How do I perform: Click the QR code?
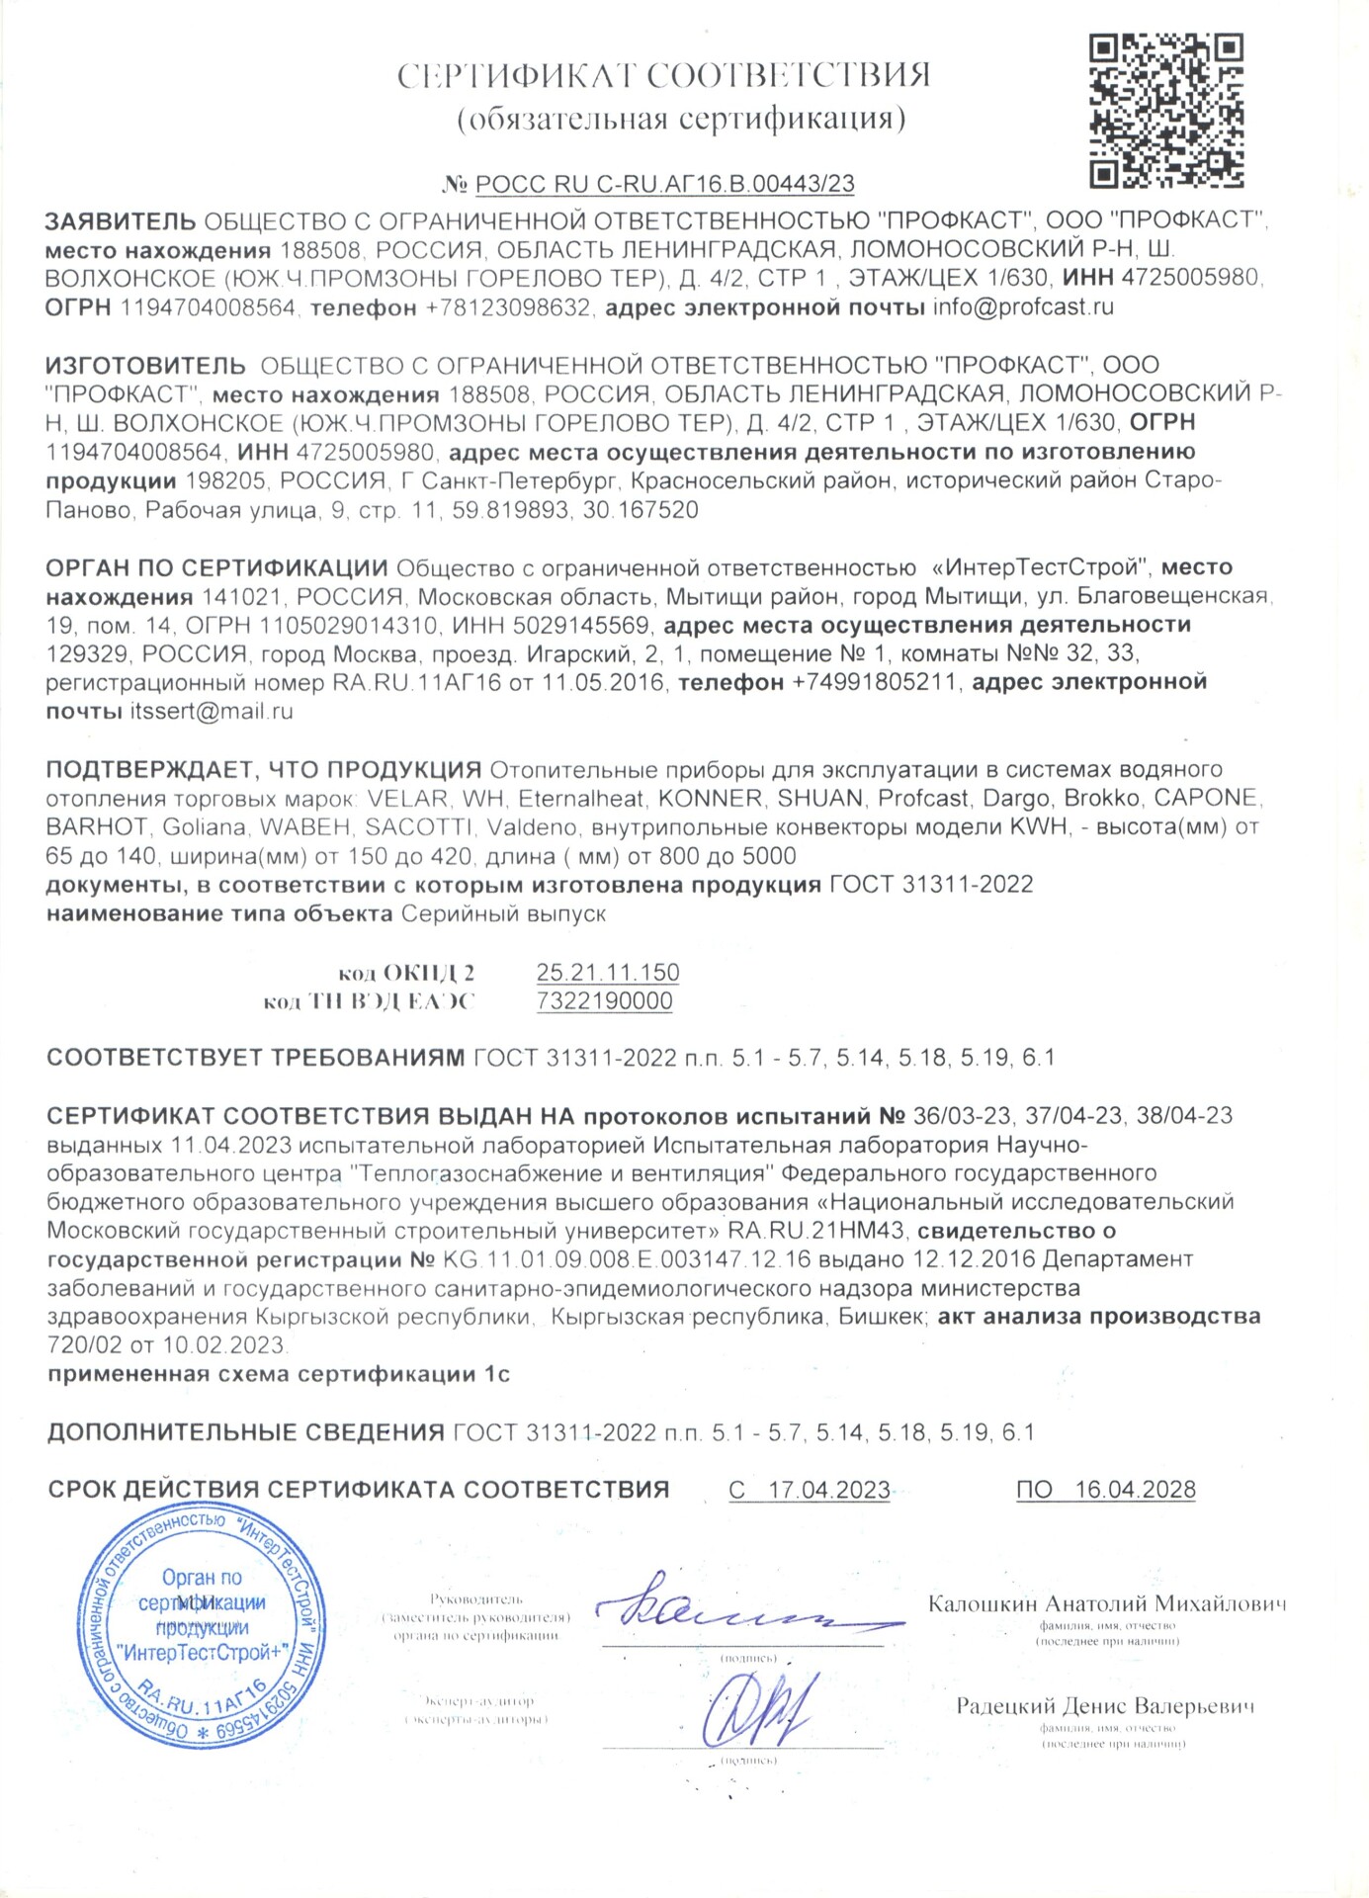(1165, 111)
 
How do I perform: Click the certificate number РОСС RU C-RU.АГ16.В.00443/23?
(664, 184)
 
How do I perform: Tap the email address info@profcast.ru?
(1023, 306)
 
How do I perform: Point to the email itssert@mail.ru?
(212, 711)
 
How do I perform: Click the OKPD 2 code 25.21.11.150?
(608, 972)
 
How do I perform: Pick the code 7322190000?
(604, 1000)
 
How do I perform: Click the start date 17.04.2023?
(828, 1490)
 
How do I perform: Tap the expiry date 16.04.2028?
(1135, 1490)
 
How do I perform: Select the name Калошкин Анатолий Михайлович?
(1107, 1603)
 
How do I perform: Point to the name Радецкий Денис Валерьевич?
(1105, 1706)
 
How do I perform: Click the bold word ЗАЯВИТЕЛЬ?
(121, 220)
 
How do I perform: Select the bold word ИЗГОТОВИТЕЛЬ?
(145, 366)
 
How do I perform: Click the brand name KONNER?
(711, 798)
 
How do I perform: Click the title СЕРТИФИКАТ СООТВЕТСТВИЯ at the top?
(663, 76)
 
